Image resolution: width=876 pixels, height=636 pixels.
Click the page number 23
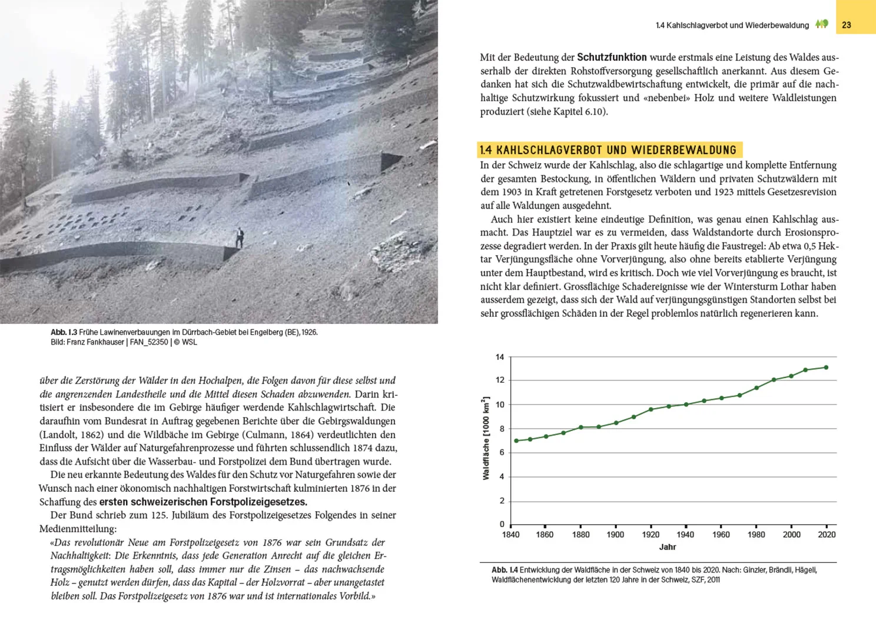click(846, 25)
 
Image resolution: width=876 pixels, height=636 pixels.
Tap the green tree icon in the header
click(822, 24)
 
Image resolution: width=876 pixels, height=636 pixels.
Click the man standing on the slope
click(240, 238)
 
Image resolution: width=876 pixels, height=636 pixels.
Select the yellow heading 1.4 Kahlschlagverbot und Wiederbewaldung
click(608, 150)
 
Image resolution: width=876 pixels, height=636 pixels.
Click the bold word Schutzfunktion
click(612, 57)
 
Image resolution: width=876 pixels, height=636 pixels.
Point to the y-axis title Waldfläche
click(486, 438)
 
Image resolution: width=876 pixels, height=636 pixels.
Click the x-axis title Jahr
click(667, 547)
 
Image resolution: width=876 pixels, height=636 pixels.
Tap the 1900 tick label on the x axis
click(615, 535)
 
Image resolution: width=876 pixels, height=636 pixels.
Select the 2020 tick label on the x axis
click(826, 535)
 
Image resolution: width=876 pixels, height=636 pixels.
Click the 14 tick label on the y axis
click(500, 357)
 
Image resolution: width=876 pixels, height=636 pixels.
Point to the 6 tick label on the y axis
click(502, 452)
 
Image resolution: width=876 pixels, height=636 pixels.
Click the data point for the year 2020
click(826, 367)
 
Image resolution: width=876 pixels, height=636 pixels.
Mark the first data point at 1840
click(516, 441)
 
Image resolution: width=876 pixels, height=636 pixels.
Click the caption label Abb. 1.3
click(64, 332)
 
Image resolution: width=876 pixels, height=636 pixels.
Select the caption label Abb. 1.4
click(505, 570)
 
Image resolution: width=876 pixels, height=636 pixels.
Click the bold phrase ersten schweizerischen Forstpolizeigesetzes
click(203, 502)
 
